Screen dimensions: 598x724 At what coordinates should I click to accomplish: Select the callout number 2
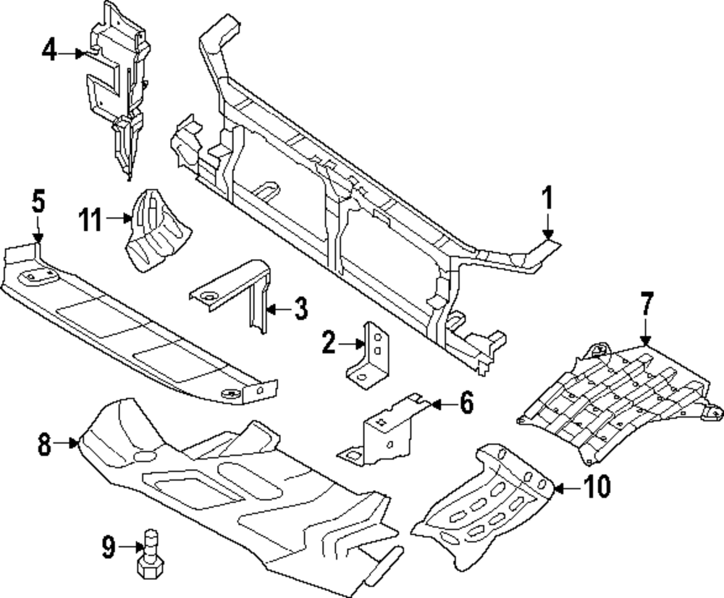[x=329, y=342]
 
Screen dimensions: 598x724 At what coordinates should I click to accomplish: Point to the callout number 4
[x=49, y=51]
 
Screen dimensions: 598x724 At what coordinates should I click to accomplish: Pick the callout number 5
[x=38, y=201]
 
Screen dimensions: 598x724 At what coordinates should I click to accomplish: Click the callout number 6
[x=465, y=403]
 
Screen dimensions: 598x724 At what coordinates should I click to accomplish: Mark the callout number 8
[x=45, y=443]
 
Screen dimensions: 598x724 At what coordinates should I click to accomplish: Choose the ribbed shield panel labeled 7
[x=615, y=402]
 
